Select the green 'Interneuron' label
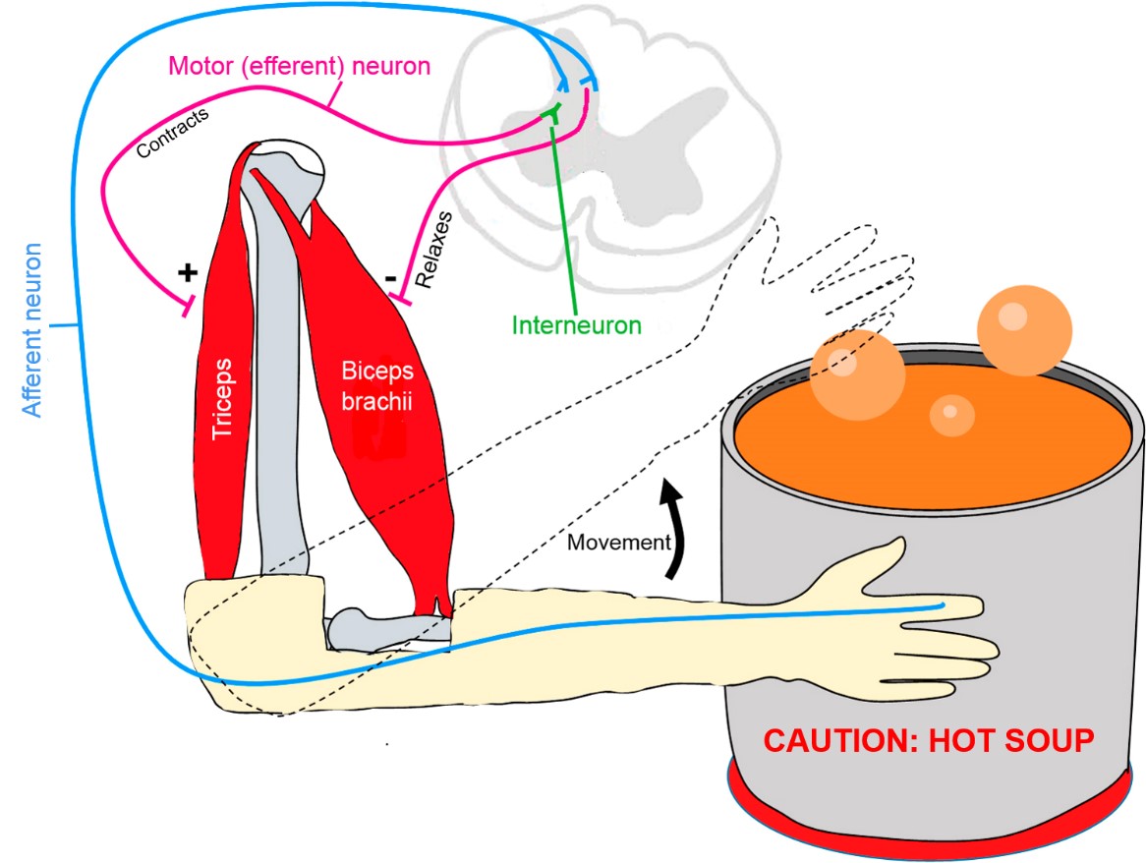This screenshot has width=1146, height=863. pyautogui.click(x=576, y=325)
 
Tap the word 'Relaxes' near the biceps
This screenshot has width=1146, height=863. pyautogui.click(x=433, y=249)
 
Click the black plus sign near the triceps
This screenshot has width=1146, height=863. pyautogui.click(x=186, y=272)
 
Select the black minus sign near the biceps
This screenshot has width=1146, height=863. pyautogui.click(x=391, y=279)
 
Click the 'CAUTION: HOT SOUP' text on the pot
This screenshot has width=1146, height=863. pyautogui.click(x=930, y=740)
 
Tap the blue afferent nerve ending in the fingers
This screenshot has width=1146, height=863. pyautogui.click(x=943, y=604)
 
